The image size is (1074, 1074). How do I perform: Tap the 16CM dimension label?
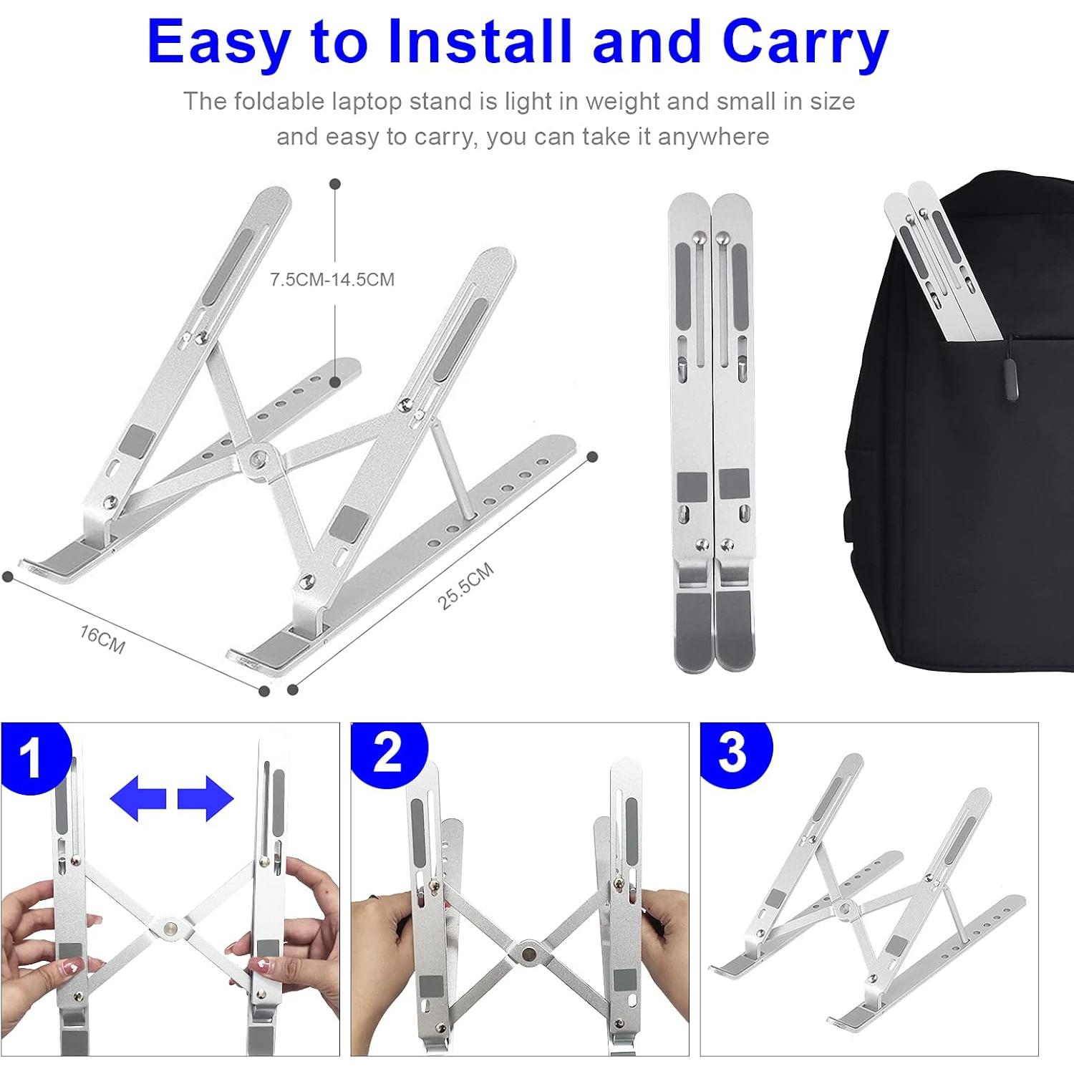(x=102, y=639)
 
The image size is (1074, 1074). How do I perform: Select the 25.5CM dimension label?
(x=465, y=586)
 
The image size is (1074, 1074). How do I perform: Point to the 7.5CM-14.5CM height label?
(x=332, y=279)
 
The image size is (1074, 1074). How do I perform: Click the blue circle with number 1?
(x=30, y=758)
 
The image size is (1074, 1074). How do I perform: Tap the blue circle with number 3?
(x=733, y=753)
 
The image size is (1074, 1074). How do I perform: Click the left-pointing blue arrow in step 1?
(x=138, y=798)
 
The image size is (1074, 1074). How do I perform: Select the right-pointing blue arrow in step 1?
(x=205, y=798)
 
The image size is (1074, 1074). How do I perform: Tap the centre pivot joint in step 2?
(x=528, y=954)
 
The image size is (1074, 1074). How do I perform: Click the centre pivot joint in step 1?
(x=170, y=927)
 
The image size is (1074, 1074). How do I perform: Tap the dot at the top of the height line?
(x=334, y=184)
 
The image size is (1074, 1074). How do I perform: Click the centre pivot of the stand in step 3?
(x=844, y=909)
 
